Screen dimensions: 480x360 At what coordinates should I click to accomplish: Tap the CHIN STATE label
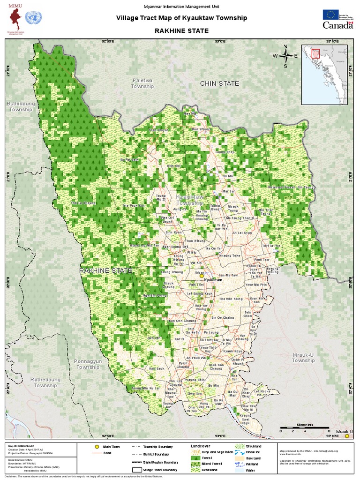point(219,83)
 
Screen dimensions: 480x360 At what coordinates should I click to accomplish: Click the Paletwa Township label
point(142,83)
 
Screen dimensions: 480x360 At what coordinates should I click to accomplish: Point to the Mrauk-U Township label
point(303,358)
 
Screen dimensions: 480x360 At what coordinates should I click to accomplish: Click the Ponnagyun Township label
point(88,364)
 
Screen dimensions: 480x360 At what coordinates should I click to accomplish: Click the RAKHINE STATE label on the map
point(105,271)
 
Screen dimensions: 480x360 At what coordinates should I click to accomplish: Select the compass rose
point(285,56)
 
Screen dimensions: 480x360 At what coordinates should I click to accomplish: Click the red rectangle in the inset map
point(315,55)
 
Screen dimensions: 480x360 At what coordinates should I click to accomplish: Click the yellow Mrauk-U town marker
point(347,436)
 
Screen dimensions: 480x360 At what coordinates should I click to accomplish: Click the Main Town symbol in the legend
point(97,447)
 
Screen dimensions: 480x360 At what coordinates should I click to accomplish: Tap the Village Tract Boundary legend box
point(137,469)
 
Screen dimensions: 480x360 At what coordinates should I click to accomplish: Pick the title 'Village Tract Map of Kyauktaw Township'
point(181,18)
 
